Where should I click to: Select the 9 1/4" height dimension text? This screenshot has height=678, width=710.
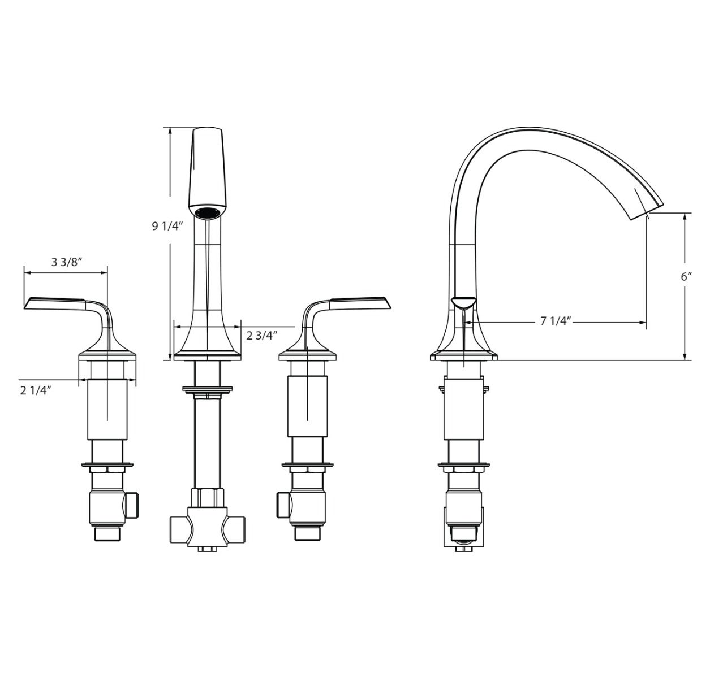click(167, 227)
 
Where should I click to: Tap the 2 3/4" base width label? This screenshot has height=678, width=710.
click(262, 336)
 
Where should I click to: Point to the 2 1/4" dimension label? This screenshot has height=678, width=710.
click(36, 390)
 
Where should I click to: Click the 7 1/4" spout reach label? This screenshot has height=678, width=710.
click(556, 321)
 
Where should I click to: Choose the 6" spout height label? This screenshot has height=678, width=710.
click(686, 276)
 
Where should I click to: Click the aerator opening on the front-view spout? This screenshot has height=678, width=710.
click(208, 212)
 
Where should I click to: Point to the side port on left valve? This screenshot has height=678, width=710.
click(134, 505)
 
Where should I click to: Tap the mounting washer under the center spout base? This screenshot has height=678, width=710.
click(207, 389)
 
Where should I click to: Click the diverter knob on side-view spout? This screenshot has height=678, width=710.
click(464, 302)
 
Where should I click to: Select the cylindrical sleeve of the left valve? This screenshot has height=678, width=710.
click(107, 410)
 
